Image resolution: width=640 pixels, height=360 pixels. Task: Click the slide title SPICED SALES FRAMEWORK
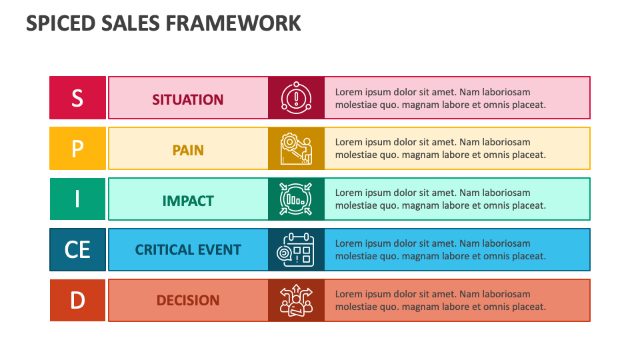point(163,23)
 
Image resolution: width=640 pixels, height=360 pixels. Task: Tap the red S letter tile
point(77,97)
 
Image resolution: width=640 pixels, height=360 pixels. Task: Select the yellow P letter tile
point(77,148)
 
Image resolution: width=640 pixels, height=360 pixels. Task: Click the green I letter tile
point(77,199)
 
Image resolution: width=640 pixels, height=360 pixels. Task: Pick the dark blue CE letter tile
point(77,249)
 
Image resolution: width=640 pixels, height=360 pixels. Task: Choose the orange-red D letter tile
point(77,300)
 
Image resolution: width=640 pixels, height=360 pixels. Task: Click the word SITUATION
point(188,99)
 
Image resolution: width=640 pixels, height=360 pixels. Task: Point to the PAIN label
point(188,150)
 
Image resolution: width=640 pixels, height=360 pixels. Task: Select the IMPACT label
point(188,201)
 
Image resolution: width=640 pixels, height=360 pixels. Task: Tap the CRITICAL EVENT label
point(188,250)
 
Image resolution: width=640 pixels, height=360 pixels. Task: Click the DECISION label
point(188,301)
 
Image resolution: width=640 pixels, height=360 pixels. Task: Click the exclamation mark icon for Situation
point(296,97)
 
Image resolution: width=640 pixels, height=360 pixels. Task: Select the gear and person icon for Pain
point(296,148)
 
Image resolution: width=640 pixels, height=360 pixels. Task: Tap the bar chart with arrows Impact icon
point(296,199)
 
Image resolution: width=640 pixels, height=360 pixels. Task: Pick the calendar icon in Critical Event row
point(296,249)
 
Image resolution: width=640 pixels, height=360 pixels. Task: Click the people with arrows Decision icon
point(296,300)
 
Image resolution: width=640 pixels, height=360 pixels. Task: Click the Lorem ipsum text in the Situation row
point(440,98)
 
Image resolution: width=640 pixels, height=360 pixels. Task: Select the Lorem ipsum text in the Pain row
point(440,149)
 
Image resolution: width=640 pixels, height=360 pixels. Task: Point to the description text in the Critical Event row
point(440,250)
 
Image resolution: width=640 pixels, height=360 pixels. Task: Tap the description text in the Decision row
point(440,301)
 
